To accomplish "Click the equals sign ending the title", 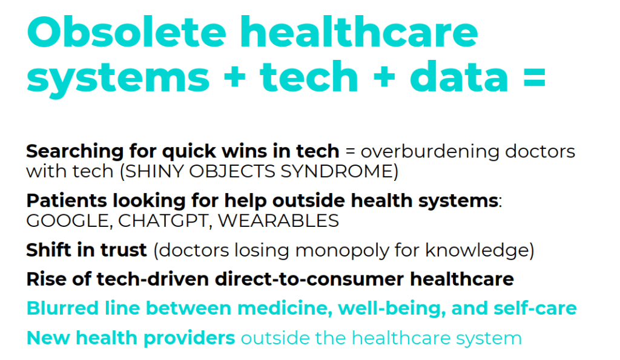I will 531,77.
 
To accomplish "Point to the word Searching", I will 66,151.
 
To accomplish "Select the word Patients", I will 59,200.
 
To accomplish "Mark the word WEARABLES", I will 278,221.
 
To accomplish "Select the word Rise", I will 44,279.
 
